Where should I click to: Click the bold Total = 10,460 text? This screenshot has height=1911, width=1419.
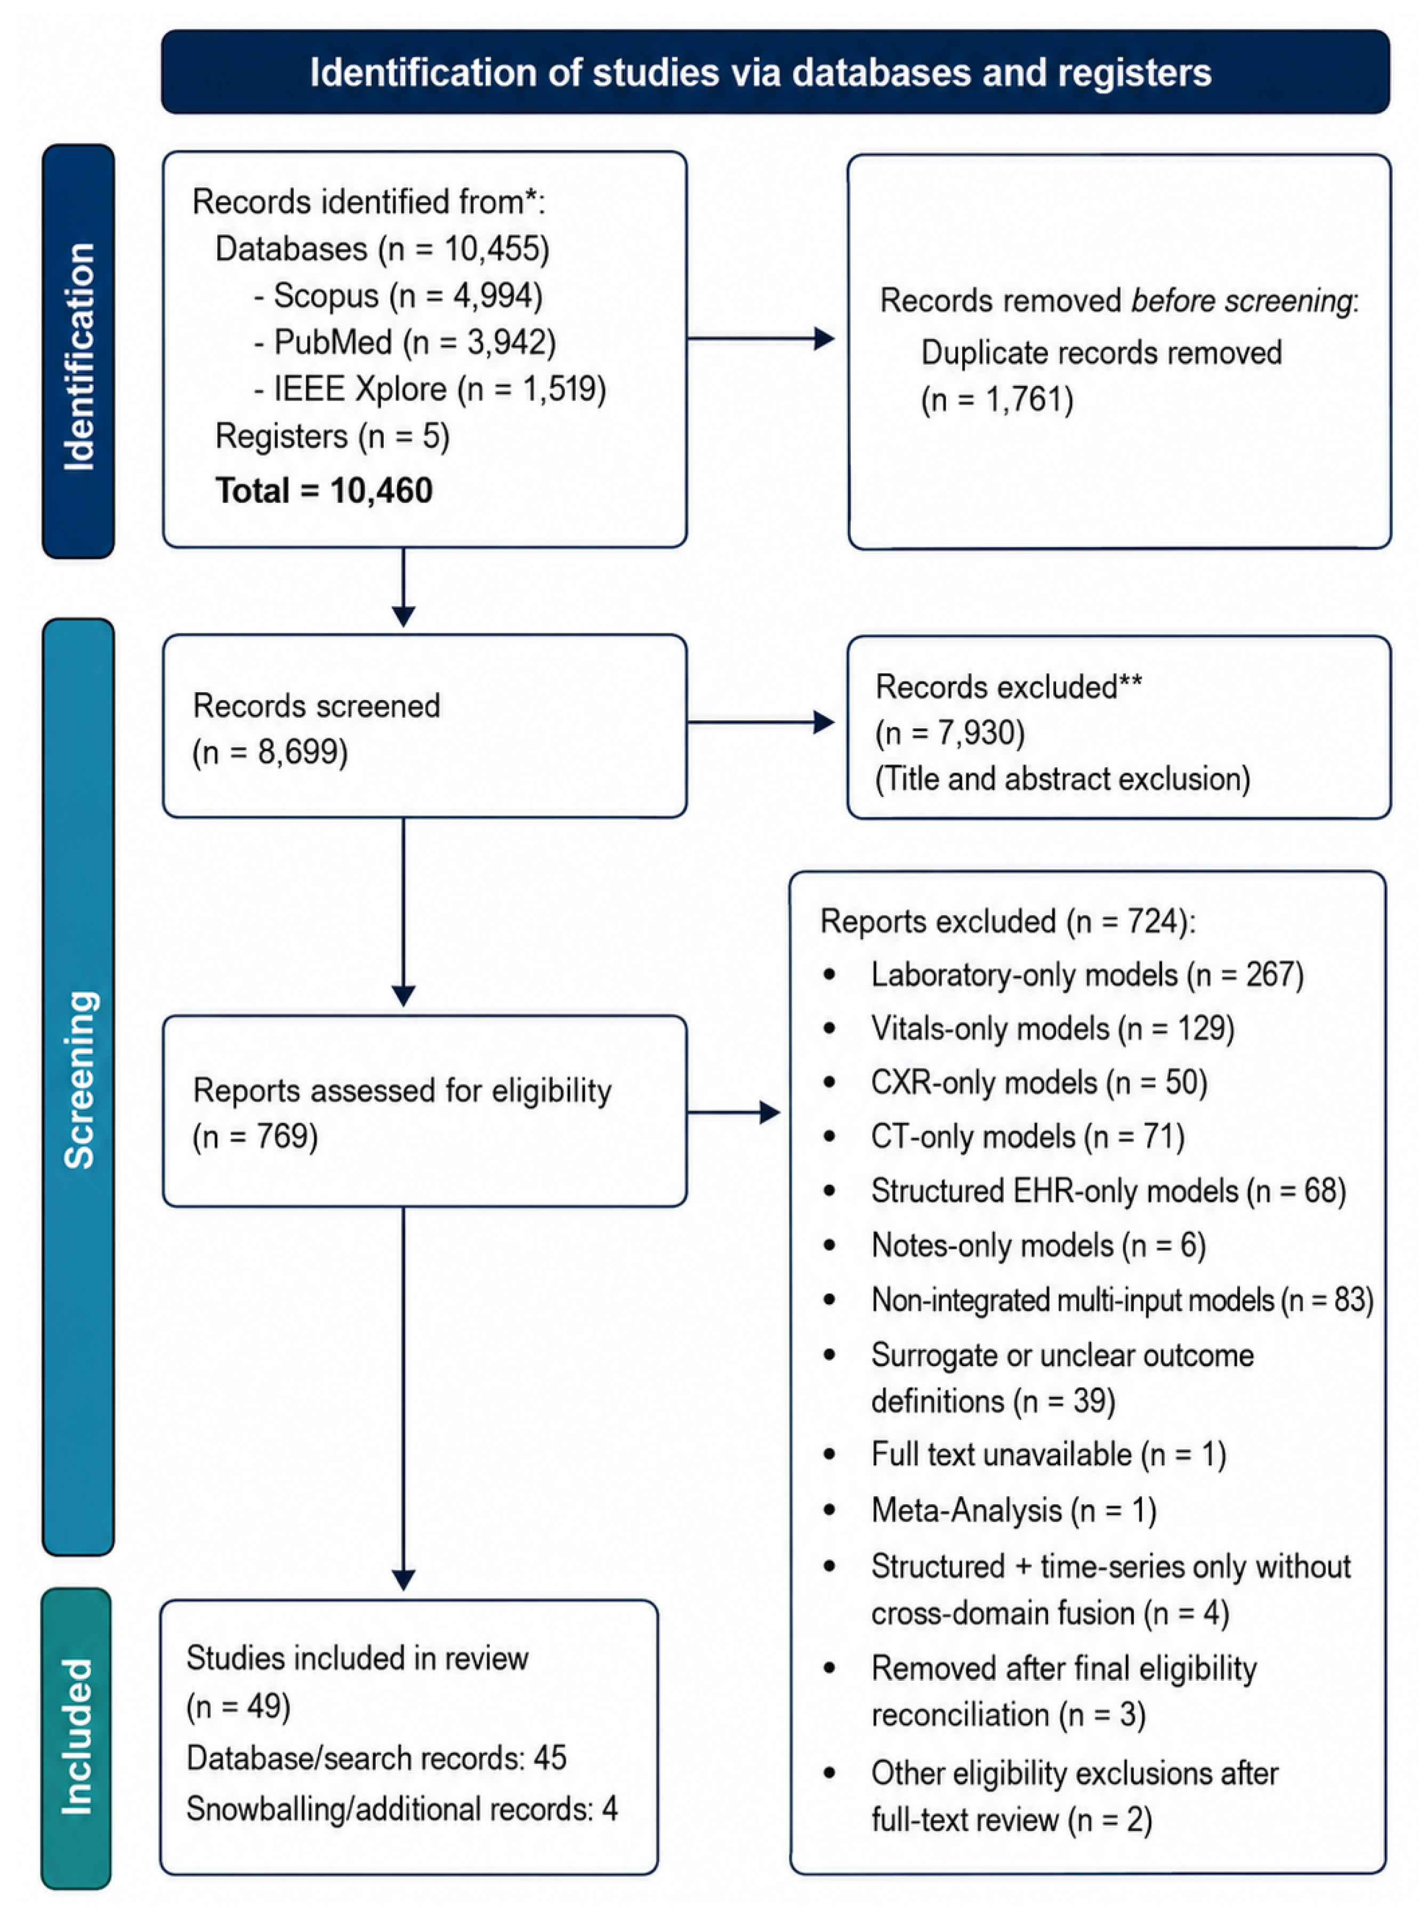click(324, 491)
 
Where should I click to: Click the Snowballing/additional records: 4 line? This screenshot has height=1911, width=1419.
click(402, 1809)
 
